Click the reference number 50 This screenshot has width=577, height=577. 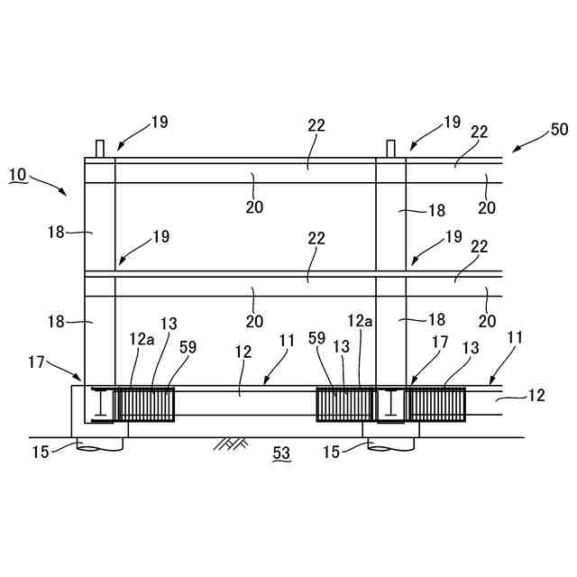point(559,129)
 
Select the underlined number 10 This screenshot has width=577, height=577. point(18,174)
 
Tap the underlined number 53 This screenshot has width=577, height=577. point(281,454)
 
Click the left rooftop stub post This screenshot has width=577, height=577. point(100,149)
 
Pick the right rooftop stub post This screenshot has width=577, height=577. point(391,149)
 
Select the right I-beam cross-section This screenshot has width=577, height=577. point(390,404)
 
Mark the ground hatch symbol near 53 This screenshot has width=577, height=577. point(233,443)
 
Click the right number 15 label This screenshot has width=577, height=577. point(333,451)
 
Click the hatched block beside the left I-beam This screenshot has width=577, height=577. point(146,403)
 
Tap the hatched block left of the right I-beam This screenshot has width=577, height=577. point(344,403)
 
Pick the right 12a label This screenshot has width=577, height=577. point(360,320)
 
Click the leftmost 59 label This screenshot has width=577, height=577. point(187,346)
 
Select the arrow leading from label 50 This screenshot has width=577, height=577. point(527,143)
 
